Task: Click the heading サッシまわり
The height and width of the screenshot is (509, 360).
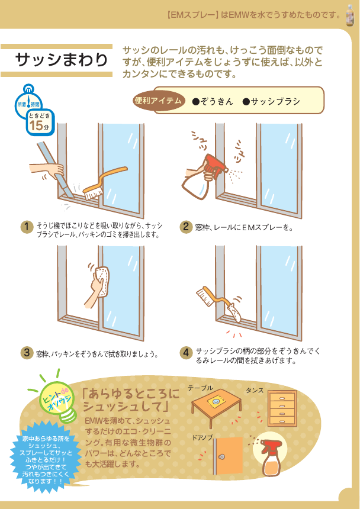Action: [x=61, y=60]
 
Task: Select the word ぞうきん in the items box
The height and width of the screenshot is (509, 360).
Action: [x=213, y=102]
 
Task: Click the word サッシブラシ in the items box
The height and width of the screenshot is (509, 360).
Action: [x=271, y=102]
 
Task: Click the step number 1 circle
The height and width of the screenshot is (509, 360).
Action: [x=27, y=227]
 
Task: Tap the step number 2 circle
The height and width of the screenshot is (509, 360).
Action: [x=186, y=227]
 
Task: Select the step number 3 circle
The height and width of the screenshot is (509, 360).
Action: [x=27, y=353]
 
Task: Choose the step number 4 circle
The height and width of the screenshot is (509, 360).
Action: [x=186, y=353]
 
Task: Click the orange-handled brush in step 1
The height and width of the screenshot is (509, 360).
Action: [x=104, y=183]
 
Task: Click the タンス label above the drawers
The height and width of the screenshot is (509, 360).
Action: [x=255, y=391]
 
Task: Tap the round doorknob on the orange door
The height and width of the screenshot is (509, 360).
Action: [x=223, y=457]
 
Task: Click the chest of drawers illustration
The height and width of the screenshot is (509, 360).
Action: [x=282, y=408]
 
